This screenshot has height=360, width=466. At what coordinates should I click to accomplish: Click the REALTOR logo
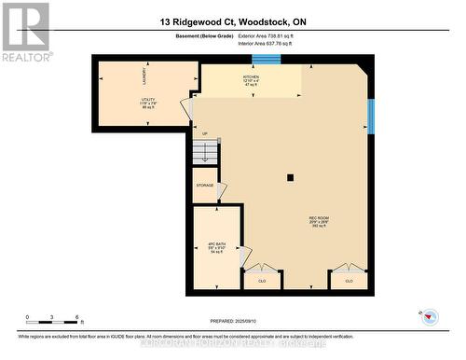click(25, 31)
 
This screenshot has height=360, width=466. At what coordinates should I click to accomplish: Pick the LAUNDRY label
click(144, 76)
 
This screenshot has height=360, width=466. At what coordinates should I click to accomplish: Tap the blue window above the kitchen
click(266, 60)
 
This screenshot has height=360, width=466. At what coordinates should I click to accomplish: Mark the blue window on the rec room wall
click(371, 117)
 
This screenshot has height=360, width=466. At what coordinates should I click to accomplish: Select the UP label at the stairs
click(204, 133)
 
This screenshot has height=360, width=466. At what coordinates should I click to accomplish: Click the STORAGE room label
click(205, 186)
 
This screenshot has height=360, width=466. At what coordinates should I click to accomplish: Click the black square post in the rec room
click(290, 177)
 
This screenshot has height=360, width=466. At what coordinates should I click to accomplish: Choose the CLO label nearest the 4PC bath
click(262, 280)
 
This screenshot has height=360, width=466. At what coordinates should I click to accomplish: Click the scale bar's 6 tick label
click(77, 316)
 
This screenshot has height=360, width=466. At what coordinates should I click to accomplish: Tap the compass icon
click(430, 317)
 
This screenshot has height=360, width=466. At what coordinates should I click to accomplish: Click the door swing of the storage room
click(220, 190)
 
